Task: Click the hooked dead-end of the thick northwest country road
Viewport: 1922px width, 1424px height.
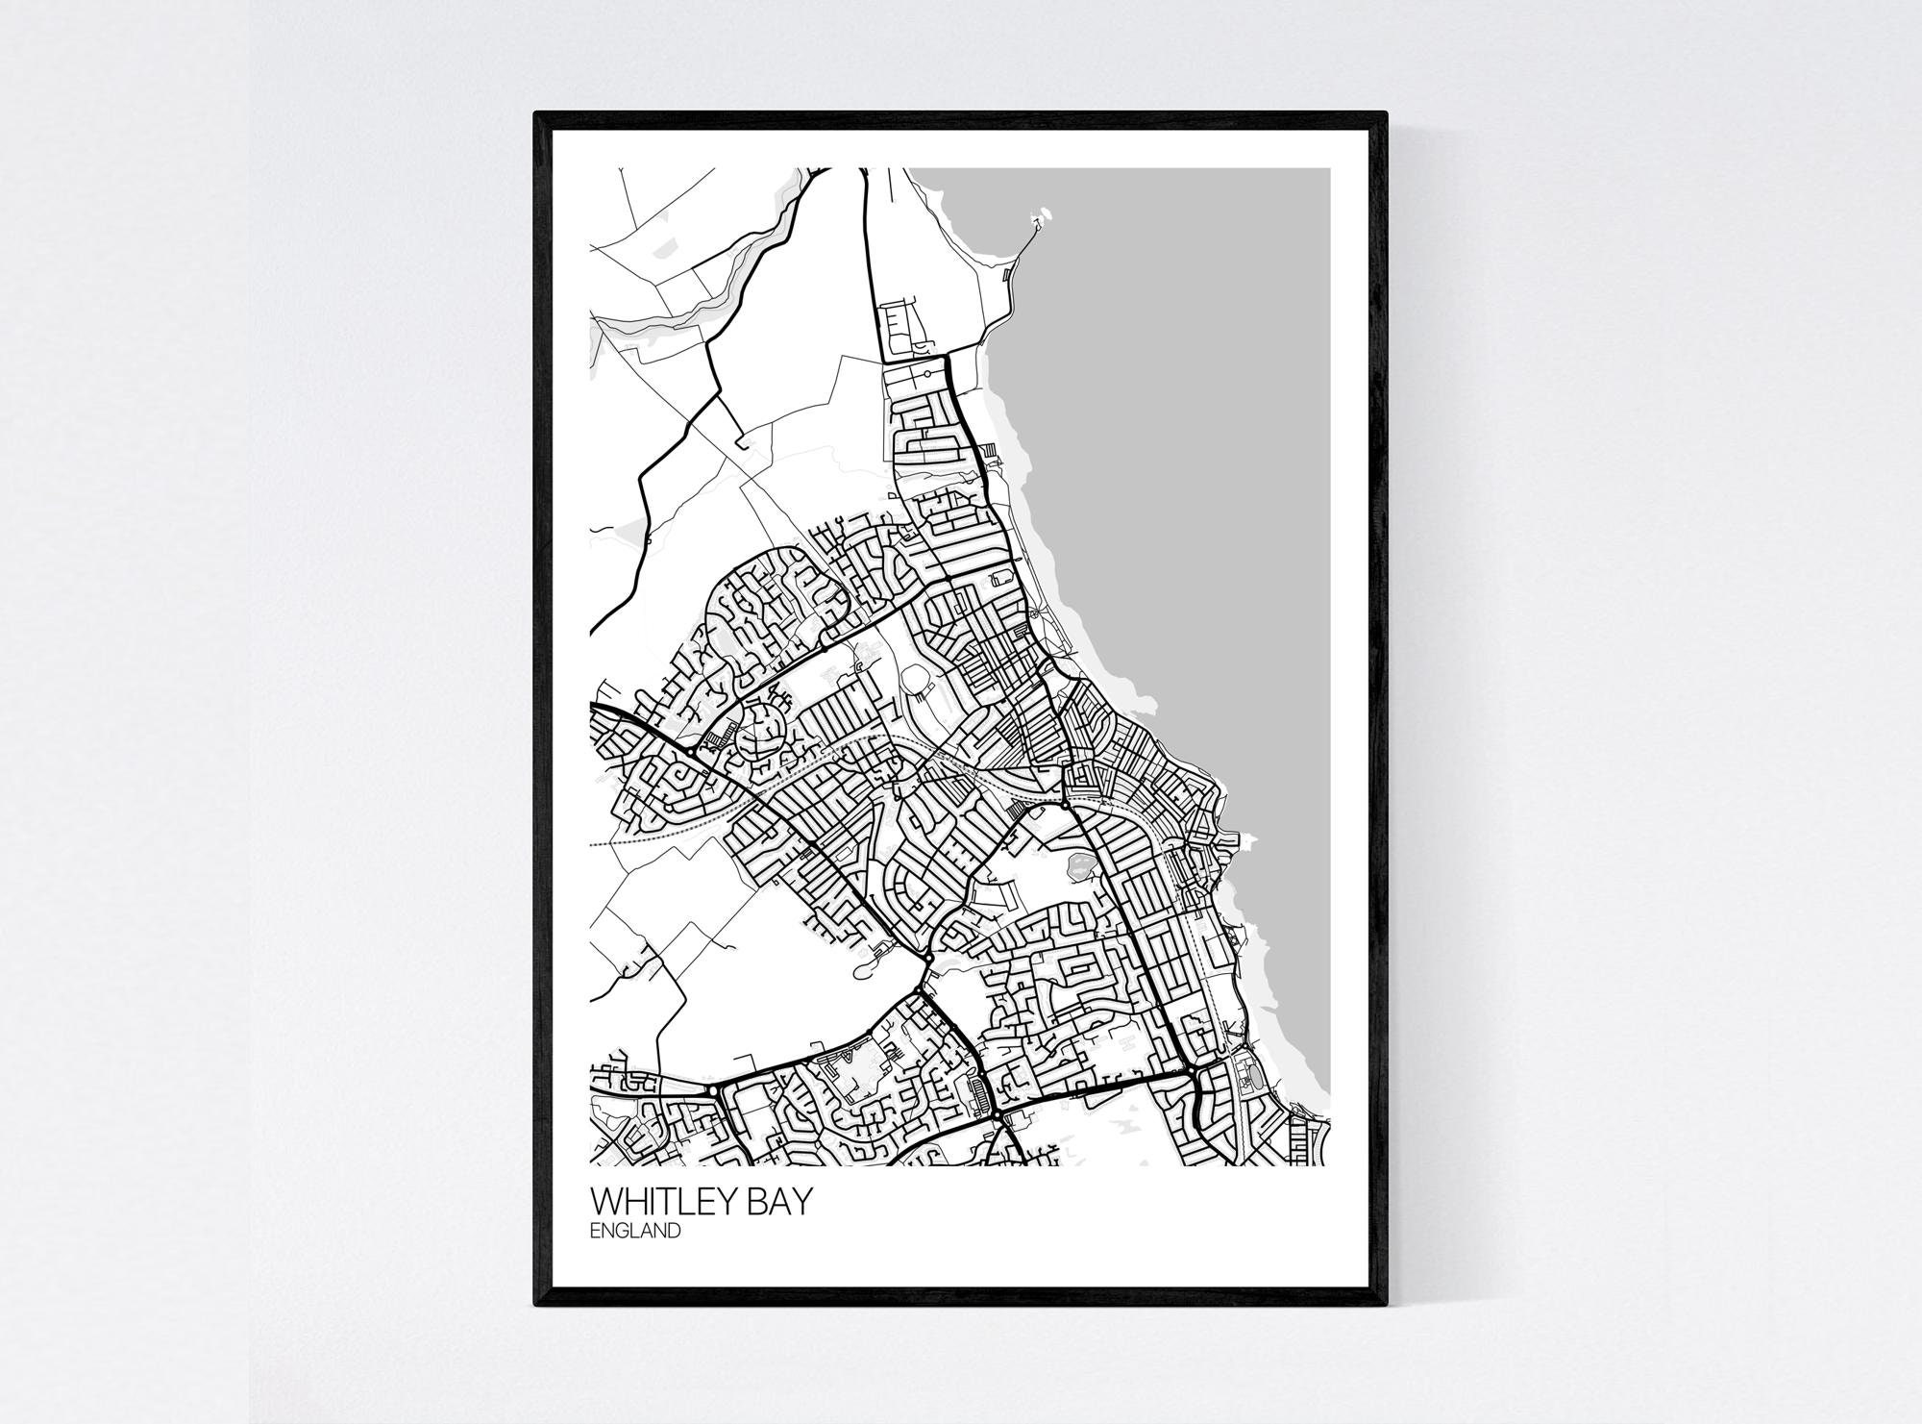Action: pos(741,441)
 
